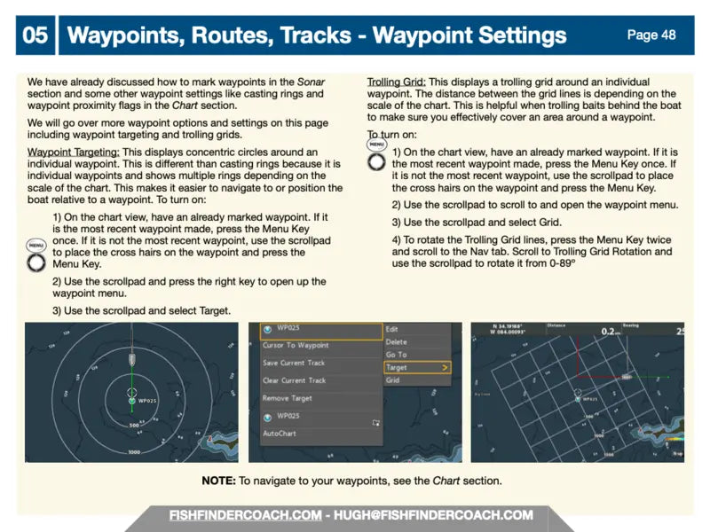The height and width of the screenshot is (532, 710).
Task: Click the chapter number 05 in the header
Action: [x=35, y=35]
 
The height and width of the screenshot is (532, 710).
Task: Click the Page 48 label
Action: [x=651, y=35]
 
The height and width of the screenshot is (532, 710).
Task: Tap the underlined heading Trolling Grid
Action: [x=396, y=82]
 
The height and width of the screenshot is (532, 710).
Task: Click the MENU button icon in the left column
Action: [x=35, y=258]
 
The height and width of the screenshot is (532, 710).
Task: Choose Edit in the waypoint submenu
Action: [x=392, y=329]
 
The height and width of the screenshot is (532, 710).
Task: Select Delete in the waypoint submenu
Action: [x=396, y=341]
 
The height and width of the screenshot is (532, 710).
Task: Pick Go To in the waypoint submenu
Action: [x=396, y=355]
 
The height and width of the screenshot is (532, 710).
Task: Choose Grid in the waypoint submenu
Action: [x=393, y=380]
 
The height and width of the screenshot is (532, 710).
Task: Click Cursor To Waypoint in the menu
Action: [x=296, y=345]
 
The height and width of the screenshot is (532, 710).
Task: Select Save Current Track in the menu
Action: [x=294, y=363]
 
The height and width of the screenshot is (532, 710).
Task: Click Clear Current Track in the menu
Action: [x=294, y=380]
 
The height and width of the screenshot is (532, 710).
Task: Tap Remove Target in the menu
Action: [x=287, y=398]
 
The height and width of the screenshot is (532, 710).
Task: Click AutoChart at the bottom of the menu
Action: [x=280, y=434]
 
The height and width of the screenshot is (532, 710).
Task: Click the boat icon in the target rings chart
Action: [x=131, y=360]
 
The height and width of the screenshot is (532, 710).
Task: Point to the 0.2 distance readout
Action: [x=607, y=332]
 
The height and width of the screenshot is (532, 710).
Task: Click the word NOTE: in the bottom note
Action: [x=217, y=481]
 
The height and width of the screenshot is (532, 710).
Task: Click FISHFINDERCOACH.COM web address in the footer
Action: [x=246, y=515]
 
